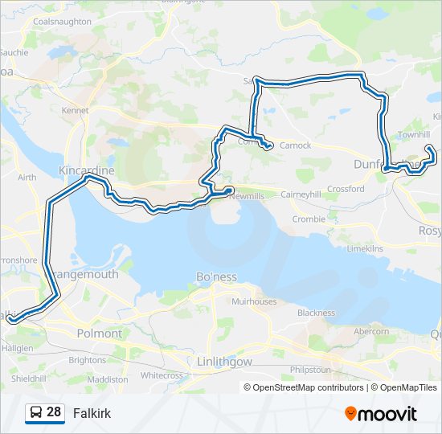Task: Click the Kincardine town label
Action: tap(87, 171)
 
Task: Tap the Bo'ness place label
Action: tap(216, 276)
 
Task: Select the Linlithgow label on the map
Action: tap(225, 362)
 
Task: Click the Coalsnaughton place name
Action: tap(62, 22)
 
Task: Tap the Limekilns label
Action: tap(365, 249)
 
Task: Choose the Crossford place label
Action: tap(346, 189)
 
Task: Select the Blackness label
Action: tap(316, 313)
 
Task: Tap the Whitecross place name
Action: tap(162, 375)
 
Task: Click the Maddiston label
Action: tap(107, 379)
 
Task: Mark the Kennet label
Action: tap(76, 109)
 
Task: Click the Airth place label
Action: tap(27, 177)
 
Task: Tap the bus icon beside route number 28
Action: tap(35, 413)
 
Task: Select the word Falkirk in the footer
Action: tap(92, 414)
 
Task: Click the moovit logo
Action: tap(381, 414)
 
